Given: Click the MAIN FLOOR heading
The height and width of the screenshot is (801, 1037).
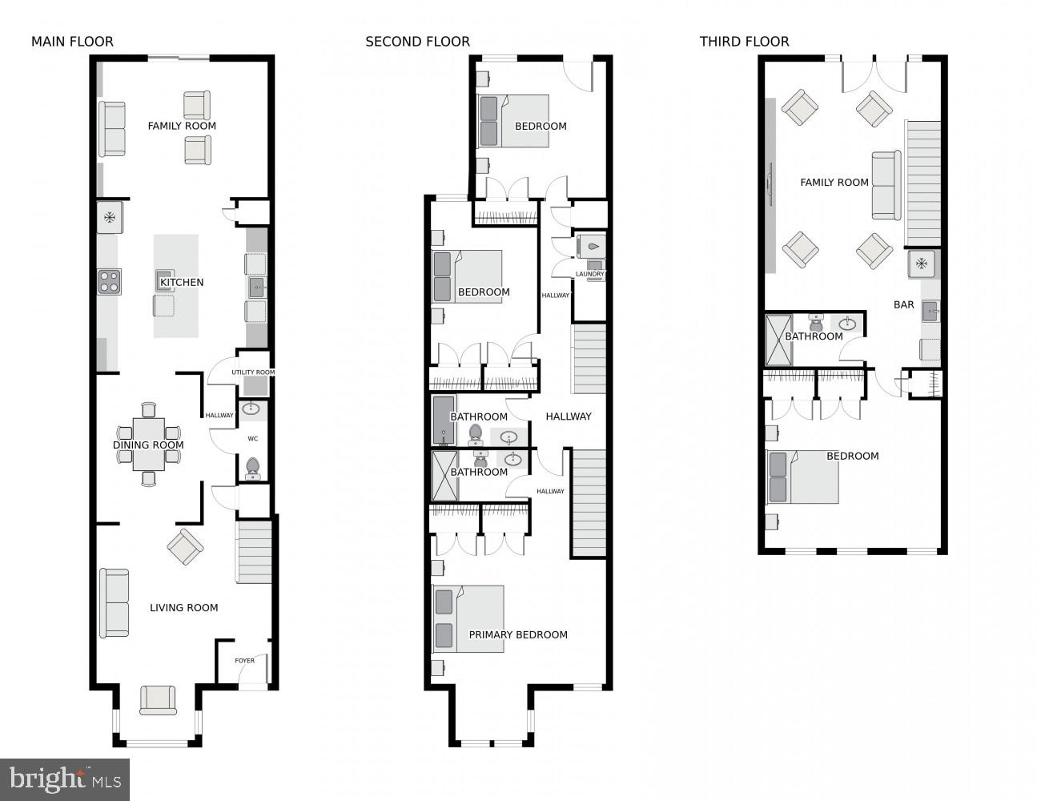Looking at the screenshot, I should (72, 42).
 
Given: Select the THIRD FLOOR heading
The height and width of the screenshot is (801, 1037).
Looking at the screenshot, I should (744, 42).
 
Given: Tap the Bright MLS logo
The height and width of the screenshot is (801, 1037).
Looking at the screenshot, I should (65, 779).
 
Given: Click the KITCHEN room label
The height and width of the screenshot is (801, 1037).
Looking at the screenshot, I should (182, 282).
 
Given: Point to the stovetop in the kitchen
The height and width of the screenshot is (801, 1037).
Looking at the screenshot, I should (109, 282).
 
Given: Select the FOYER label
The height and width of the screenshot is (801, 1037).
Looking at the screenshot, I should (244, 661).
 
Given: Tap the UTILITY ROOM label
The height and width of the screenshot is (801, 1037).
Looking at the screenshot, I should (253, 372).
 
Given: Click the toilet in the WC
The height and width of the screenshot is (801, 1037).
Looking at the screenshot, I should (252, 468).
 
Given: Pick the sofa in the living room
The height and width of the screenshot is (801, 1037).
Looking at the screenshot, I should (114, 602).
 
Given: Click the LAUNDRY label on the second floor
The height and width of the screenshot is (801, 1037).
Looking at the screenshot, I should (590, 274).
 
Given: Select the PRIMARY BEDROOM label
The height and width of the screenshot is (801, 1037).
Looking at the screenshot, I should (518, 634).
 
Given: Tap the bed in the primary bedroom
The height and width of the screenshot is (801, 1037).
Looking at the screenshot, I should (468, 618).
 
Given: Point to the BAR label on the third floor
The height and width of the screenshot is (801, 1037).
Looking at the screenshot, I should (903, 304).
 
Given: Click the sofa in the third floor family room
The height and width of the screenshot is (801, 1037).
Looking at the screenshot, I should (886, 185).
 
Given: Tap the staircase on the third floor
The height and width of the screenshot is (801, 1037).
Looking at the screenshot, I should (922, 183).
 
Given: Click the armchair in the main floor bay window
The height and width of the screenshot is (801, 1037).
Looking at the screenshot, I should (158, 699).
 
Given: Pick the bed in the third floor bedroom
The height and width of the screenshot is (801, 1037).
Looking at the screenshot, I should (802, 477).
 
